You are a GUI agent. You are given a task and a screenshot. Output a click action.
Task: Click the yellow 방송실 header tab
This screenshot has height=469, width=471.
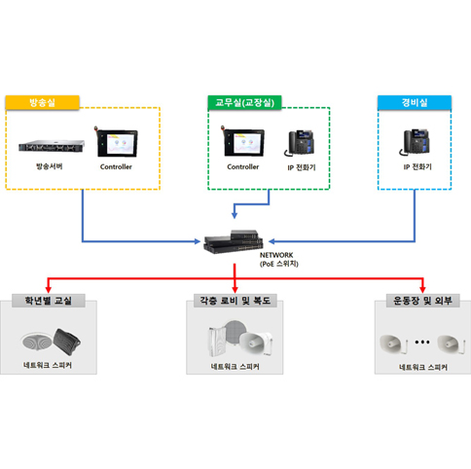click(x=42, y=102)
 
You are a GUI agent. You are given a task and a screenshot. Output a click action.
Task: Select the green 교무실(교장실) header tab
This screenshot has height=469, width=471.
click(x=244, y=102)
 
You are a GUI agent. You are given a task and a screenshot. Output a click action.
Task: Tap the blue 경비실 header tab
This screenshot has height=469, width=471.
click(x=415, y=102)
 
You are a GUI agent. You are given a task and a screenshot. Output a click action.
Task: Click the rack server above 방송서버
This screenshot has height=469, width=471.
click(x=52, y=146)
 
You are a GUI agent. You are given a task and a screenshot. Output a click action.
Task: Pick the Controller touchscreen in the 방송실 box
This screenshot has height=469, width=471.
click(x=116, y=142)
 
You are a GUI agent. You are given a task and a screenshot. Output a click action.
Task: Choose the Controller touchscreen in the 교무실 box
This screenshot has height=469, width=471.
click(x=243, y=142)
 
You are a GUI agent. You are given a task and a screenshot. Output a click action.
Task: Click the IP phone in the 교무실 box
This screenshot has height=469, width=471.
click(x=300, y=143)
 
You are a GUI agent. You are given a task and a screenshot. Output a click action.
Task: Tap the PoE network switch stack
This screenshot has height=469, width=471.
click(x=234, y=241)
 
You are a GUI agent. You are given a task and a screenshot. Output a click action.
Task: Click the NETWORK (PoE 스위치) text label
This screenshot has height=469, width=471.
click(x=279, y=260)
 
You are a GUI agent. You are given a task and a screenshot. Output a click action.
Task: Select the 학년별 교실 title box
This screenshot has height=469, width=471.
click(x=49, y=301)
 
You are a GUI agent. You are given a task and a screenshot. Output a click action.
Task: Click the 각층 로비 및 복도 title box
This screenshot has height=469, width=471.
click(x=235, y=301)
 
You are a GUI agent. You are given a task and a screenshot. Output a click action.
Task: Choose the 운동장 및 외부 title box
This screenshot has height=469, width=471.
click(x=422, y=301)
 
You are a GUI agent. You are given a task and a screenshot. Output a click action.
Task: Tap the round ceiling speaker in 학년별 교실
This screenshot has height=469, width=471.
click(x=36, y=342)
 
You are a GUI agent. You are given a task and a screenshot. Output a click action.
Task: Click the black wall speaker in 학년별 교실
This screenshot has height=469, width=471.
click(x=66, y=342)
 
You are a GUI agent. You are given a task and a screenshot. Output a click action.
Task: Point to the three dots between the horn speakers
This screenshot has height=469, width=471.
click(x=422, y=342)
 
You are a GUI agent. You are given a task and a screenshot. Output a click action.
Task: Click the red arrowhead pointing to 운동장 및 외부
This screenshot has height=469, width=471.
click(x=422, y=289)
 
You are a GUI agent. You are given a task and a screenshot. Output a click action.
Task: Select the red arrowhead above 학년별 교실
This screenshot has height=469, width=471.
click(x=48, y=289)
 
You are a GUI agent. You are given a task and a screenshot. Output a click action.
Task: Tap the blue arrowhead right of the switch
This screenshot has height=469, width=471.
click(x=272, y=241)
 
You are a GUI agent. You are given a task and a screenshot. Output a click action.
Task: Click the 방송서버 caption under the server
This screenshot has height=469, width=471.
click(x=49, y=166)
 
